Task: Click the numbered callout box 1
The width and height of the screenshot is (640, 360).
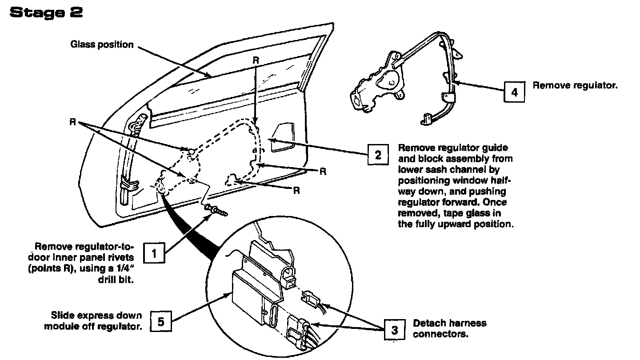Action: pos(155,254)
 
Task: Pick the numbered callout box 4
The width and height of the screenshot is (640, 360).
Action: pos(514,92)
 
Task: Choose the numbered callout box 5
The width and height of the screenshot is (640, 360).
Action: pos(161,320)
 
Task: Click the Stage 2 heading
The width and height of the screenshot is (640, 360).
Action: pos(46,13)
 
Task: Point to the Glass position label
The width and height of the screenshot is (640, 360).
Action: pos(102,44)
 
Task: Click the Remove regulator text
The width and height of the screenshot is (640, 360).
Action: pos(575,85)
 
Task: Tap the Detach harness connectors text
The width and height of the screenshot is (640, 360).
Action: pos(449,328)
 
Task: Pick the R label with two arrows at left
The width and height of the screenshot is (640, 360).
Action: pos(72,121)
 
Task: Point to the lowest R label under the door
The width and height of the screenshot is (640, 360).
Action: pos(296,191)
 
